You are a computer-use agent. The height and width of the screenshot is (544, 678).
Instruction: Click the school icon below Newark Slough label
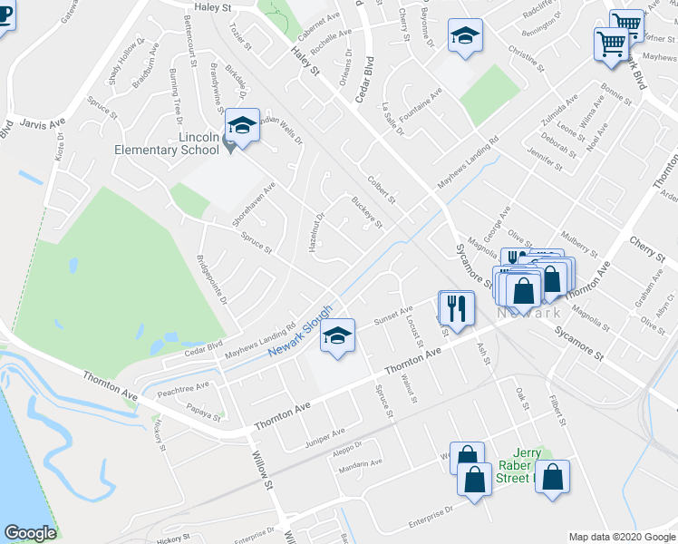point(337,337)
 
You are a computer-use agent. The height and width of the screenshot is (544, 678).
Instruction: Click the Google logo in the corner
point(30,533)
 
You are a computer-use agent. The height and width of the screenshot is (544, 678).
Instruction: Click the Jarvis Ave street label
point(43,121)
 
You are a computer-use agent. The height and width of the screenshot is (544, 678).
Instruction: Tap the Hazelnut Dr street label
point(314,231)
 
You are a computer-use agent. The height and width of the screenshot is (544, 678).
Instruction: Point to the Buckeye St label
point(367,211)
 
